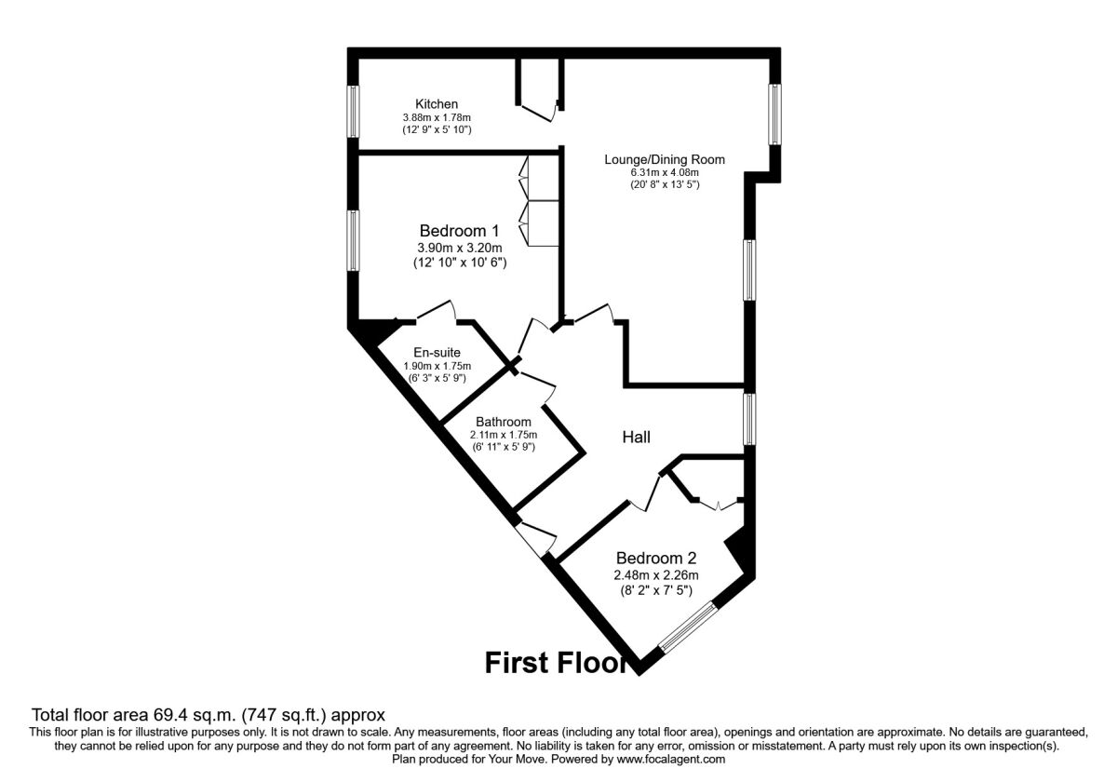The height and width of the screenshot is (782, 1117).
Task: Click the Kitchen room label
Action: (x=437, y=103)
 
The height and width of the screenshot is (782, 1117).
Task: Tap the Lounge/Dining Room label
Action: (x=664, y=159)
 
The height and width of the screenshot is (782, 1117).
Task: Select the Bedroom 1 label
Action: (x=459, y=231)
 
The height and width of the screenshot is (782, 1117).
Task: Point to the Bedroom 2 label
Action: (x=655, y=558)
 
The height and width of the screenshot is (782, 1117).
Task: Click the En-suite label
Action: (x=437, y=353)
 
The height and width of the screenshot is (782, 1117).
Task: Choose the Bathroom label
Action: (x=503, y=422)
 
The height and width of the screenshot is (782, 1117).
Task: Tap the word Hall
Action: (x=636, y=437)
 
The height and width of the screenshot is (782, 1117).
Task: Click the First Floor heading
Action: (x=557, y=663)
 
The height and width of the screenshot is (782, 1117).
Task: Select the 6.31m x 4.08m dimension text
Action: (x=664, y=172)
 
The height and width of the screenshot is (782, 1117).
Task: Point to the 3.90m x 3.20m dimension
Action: (x=459, y=248)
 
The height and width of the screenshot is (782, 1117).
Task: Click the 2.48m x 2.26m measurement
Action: (x=655, y=574)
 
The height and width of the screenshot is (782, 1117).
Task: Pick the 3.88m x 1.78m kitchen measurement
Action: (x=437, y=117)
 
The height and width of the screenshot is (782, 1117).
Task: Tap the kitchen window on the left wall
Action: (x=353, y=113)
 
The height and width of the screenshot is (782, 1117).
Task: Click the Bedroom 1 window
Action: (x=353, y=240)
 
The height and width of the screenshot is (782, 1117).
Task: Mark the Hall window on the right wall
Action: (x=749, y=419)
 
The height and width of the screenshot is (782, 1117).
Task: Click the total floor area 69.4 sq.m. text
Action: (x=209, y=716)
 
